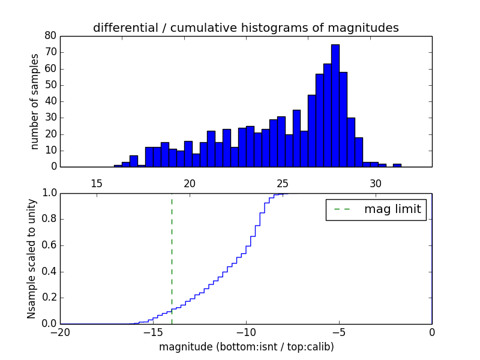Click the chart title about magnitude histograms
pyautogui.click(x=245, y=28)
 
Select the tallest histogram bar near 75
pyautogui.click(x=335, y=106)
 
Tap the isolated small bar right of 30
pyautogui.click(x=397, y=165)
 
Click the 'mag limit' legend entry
pyautogui.click(x=376, y=209)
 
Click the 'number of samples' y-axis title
pyautogui.click(x=35, y=101)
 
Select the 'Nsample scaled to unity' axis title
pyautogui.click(x=31, y=259)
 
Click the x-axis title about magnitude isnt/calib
pyautogui.click(x=245, y=347)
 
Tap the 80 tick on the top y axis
pyautogui.click(x=50, y=36)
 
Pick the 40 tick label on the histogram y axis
pyautogui.click(x=50, y=101)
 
